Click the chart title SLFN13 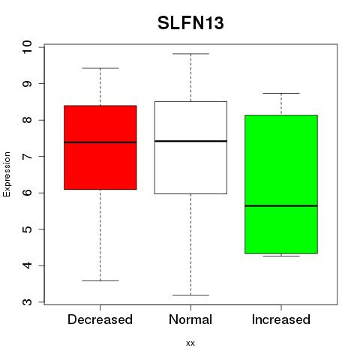click(x=190, y=23)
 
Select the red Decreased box click(x=100, y=148)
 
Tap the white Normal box click(x=190, y=148)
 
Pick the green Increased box click(x=281, y=184)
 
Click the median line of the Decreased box click(x=100, y=142)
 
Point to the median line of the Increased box click(x=281, y=206)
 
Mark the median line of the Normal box click(x=190, y=141)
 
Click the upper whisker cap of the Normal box click(x=190, y=54)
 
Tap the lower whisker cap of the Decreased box click(x=100, y=280)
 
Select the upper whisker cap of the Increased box click(x=281, y=93)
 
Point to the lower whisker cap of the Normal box click(x=190, y=295)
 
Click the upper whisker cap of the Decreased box click(x=100, y=68)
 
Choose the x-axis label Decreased click(x=100, y=319)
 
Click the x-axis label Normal click(x=190, y=319)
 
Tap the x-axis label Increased click(x=281, y=319)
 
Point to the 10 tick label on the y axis click(x=27, y=47)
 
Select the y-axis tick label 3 click(x=27, y=302)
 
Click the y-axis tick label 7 click(x=27, y=157)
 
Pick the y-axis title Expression click(x=7, y=174)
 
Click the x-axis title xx click(x=190, y=343)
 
